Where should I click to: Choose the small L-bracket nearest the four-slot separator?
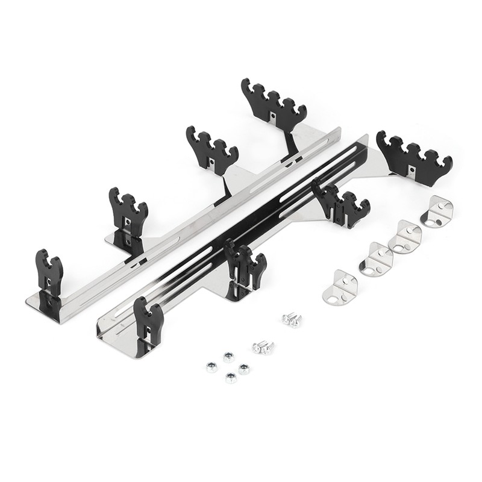[x=439, y=213]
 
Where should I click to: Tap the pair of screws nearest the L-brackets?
[x=292, y=321]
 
